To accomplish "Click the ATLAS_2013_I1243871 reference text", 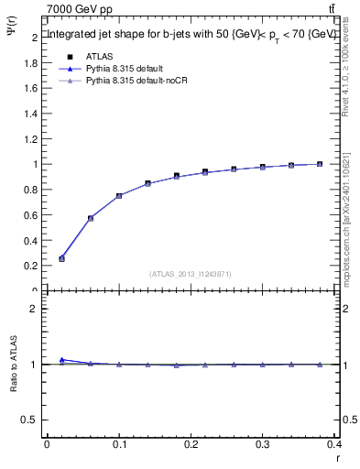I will pyautogui.click(x=191, y=274).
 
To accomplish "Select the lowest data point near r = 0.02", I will pyautogui.click(x=61, y=258).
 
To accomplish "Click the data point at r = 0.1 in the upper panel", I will pyautogui.click(x=119, y=195).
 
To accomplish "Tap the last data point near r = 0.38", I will pyautogui.click(x=320, y=164).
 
